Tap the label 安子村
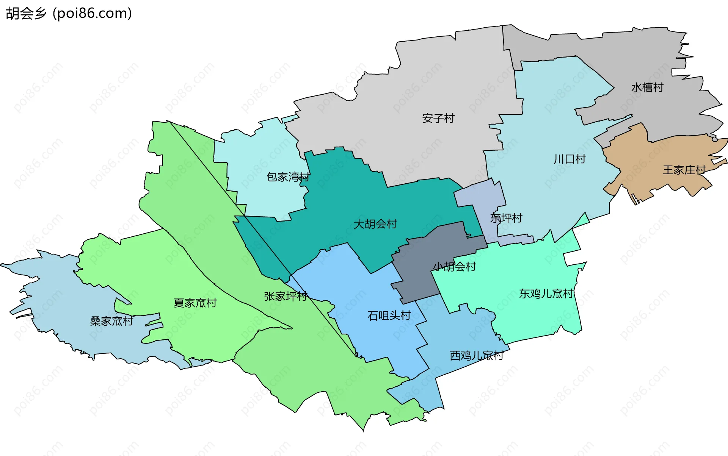438,119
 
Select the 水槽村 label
647,88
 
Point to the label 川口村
570,159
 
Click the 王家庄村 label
684,170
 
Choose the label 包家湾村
288,177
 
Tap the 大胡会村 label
375,224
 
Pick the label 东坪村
506,218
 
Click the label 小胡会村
454,267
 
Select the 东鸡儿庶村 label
546,294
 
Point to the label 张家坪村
286,297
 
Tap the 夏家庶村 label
195,303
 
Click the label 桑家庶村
111,322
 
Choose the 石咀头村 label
389,316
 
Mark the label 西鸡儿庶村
477,356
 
